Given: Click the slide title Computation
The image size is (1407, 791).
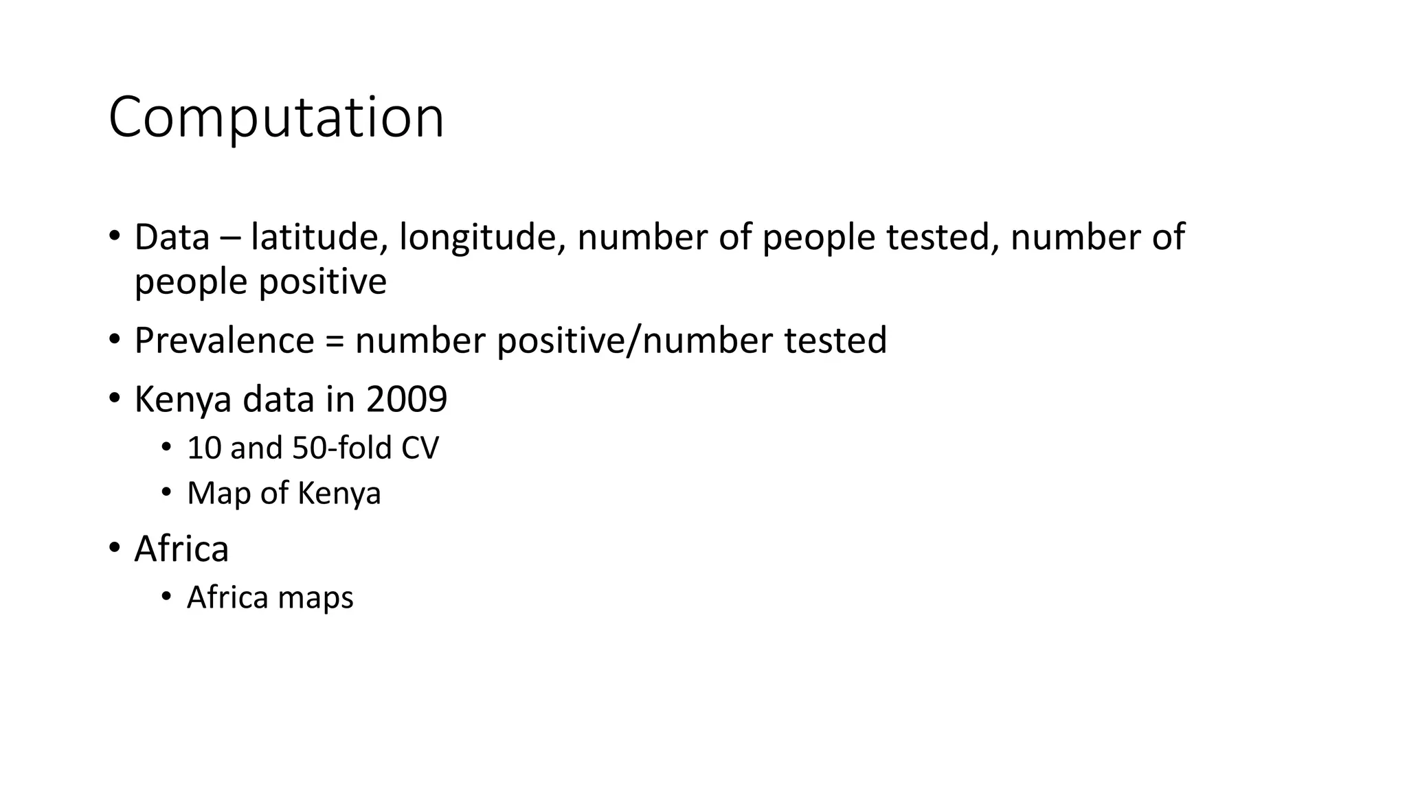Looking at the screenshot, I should [x=276, y=117].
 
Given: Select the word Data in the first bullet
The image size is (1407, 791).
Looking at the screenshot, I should [x=172, y=237].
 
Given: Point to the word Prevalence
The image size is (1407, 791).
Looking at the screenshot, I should [x=224, y=340].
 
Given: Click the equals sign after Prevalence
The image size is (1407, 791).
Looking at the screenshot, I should [x=335, y=341].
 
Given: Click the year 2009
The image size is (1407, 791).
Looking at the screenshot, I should [x=407, y=399].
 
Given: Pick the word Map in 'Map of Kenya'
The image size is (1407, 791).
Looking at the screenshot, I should [x=218, y=494].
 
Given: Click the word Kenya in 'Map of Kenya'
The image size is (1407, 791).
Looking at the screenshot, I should [x=339, y=494].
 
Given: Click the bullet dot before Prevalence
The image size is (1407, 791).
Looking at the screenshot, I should [x=114, y=340].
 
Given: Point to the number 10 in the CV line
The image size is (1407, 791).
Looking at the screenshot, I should [x=203, y=448].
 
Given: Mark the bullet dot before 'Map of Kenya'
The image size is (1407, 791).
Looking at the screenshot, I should [x=166, y=492].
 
